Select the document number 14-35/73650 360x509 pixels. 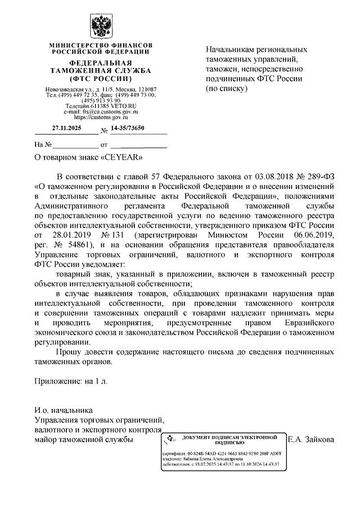pyautogui.click(x=128, y=129)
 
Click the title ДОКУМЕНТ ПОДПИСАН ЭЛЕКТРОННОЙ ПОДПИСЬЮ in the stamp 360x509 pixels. pyautogui.click(x=230, y=439)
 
